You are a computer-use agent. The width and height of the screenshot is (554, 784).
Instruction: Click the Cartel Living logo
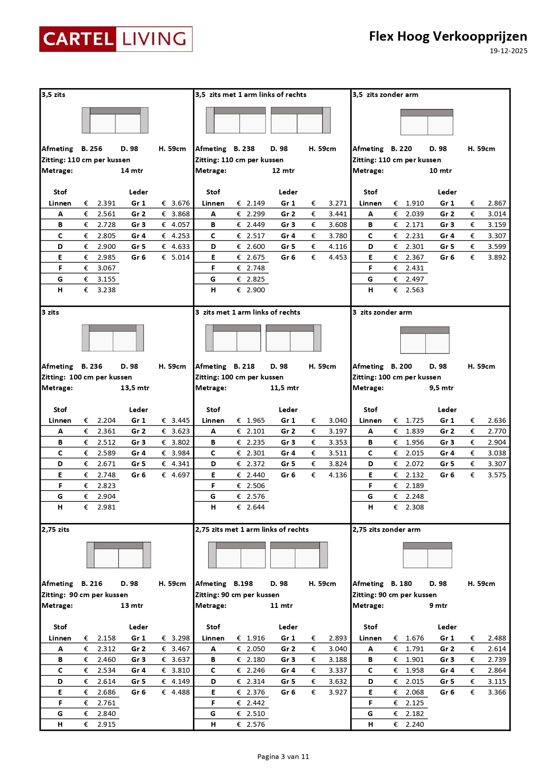(x=116, y=39)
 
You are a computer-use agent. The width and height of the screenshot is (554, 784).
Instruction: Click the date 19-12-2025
(x=508, y=51)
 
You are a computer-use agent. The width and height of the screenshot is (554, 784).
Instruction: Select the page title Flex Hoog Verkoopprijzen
(x=448, y=36)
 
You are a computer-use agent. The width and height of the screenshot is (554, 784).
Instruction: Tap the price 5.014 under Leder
(x=180, y=257)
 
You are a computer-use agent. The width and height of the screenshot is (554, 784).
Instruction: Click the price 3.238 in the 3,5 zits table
(x=106, y=290)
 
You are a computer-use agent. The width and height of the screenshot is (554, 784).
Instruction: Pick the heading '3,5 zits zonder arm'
(x=386, y=95)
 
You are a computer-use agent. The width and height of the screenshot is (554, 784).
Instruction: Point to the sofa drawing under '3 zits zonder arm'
(x=424, y=340)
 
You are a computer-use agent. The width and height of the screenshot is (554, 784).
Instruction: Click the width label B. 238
(x=244, y=149)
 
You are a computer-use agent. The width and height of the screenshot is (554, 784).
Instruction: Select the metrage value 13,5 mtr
(x=135, y=388)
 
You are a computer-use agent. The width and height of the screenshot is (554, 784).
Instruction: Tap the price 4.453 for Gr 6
(x=338, y=257)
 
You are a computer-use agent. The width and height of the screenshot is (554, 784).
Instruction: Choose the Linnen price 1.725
(x=415, y=421)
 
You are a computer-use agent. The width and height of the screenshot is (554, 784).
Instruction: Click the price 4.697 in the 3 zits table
(x=180, y=475)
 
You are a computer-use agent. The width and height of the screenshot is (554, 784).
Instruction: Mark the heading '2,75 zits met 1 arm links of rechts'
(x=252, y=530)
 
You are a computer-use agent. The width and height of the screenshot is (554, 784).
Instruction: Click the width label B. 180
(x=401, y=584)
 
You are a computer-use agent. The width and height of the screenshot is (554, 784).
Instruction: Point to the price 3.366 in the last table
(x=497, y=692)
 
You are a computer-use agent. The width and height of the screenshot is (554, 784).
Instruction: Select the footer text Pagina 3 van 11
(x=283, y=757)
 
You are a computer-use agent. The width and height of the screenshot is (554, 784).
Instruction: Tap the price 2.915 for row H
(x=106, y=725)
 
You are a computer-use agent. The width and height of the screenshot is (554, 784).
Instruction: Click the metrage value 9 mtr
(x=438, y=606)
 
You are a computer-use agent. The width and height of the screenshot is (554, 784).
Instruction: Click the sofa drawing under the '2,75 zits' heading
(x=118, y=555)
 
